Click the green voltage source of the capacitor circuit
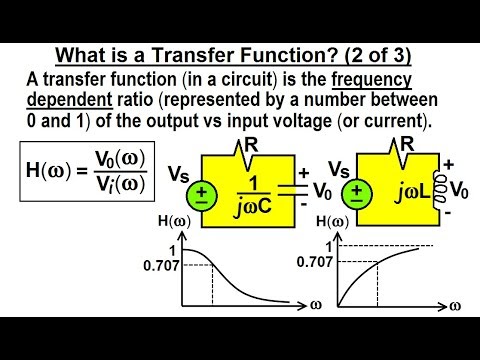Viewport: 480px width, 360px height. (202, 195)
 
